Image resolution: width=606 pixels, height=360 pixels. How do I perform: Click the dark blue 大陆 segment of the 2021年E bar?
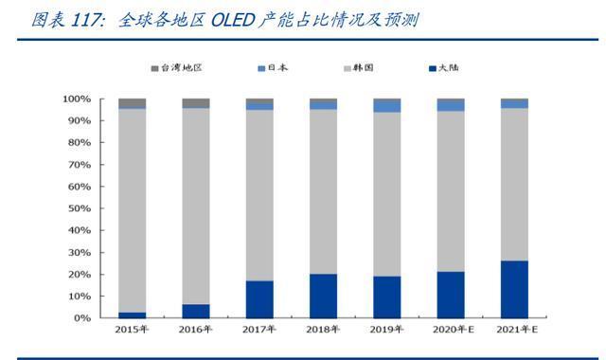click(x=514, y=290)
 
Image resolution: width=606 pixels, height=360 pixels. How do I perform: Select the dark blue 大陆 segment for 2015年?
click(x=133, y=315)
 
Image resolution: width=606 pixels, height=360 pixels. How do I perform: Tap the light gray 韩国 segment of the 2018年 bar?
click(x=323, y=191)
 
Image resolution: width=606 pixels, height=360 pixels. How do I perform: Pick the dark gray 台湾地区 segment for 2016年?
click(x=196, y=103)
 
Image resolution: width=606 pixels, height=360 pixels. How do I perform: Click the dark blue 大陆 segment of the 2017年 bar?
click(x=259, y=299)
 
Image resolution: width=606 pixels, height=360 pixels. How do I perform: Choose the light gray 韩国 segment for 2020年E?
click(x=451, y=191)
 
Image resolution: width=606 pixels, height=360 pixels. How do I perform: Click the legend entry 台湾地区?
click(x=177, y=68)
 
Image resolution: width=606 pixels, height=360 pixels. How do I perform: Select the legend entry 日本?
click(x=273, y=68)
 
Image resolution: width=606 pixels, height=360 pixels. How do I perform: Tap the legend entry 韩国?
click(x=359, y=68)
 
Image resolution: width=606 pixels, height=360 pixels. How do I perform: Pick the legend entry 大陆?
click(x=444, y=68)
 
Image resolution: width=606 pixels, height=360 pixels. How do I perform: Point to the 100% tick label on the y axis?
click(x=77, y=99)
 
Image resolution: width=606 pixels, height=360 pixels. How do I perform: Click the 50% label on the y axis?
click(x=80, y=208)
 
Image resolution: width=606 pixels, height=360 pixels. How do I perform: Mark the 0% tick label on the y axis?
click(x=82, y=318)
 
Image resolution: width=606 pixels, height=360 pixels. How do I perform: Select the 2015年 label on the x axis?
click(x=132, y=330)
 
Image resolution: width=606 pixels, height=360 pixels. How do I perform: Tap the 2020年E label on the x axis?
click(x=454, y=330)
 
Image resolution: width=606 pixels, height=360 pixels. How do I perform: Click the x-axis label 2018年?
click(x=323, y=330)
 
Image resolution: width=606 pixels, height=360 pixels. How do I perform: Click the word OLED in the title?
click(x=233, y=20)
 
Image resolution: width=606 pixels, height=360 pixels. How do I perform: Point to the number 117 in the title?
click(x=85, y=20)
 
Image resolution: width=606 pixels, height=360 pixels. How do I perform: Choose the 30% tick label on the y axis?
click(x=80, y=253)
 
